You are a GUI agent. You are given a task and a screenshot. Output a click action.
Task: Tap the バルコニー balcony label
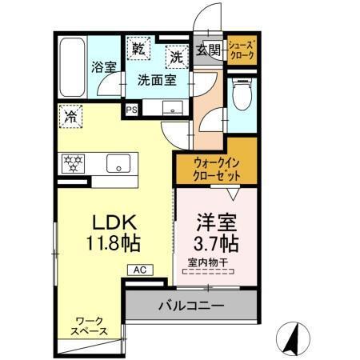point(190,305)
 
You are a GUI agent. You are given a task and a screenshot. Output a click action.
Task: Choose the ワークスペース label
point(90,325)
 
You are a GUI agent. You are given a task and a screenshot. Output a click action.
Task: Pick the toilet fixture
point(241,96)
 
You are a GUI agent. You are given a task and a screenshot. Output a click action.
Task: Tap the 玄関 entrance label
point(207,50)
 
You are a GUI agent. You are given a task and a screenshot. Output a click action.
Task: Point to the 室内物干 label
point(207,261)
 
